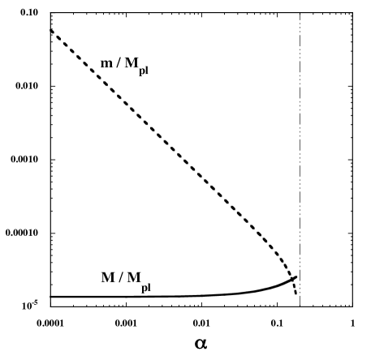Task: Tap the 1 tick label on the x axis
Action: (352, 321)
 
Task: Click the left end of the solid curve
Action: (50, 297)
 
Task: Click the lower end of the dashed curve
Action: (296, 294)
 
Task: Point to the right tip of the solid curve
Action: (297, 276)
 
